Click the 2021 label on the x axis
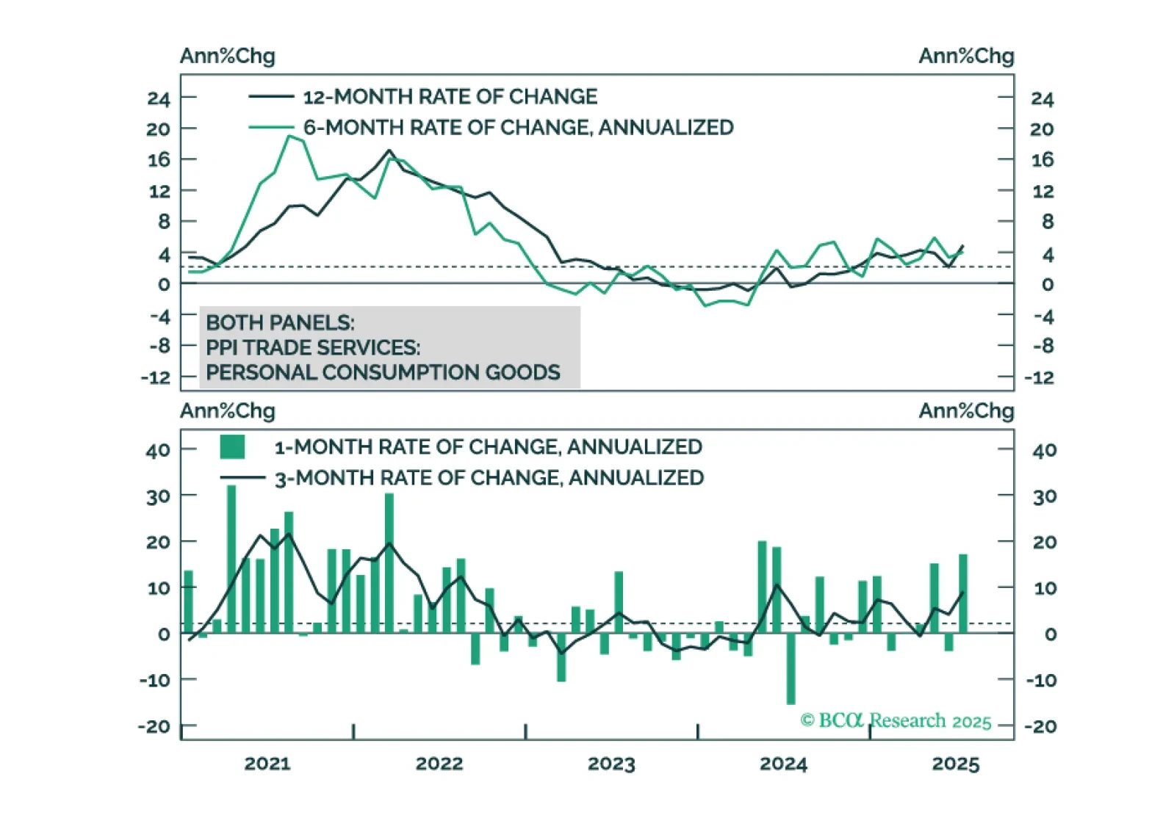pos(267,764)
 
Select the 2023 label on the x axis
pos(611,764)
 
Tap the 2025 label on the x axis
pos(955,764)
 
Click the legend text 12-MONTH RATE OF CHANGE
pos(450,97)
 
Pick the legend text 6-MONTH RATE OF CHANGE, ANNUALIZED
pos(518,128)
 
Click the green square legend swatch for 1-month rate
pos(232,446)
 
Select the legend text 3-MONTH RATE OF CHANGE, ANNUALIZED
pos(489,478)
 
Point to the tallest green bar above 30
pos(231,558)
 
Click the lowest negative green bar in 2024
pos(791,668)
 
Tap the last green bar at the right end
pos(962,593)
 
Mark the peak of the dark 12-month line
pos(389,151)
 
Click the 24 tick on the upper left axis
pos(159,98)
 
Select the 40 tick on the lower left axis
pos(158,450)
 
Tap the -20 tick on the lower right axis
pos(1040,726)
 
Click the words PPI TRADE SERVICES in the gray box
pos(313,347)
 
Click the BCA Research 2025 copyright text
pos(896,720)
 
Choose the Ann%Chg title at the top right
pos(966,56)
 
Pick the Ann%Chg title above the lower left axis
pos(228,410)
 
